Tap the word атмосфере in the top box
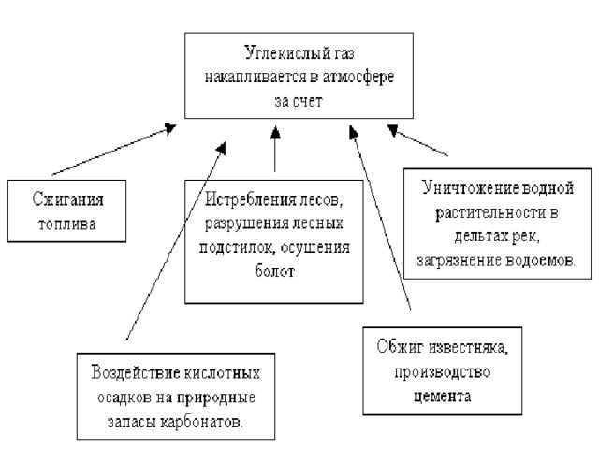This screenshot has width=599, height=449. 358,77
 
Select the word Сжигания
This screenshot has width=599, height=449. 67,200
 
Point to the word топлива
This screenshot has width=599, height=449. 66,224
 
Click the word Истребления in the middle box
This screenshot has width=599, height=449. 245,199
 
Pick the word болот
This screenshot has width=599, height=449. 274,271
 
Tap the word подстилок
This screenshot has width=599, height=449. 237,248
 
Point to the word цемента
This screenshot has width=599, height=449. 442,397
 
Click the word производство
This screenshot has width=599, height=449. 442,372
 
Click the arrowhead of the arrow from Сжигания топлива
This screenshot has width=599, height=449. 170,128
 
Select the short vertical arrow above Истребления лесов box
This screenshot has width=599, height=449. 275,149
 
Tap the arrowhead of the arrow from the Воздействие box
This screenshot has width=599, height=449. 222,148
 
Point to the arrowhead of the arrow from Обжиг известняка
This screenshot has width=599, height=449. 354,132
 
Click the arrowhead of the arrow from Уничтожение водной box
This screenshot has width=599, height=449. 392,130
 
